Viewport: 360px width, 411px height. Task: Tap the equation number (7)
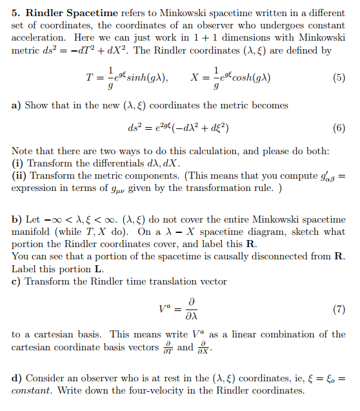click(339, 308)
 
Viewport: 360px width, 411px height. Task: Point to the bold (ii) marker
click(19, 175)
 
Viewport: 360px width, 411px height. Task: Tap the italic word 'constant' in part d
click(31, 392)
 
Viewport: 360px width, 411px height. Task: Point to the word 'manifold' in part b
click(30, 232)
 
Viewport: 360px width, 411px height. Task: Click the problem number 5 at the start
click(15, 13)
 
